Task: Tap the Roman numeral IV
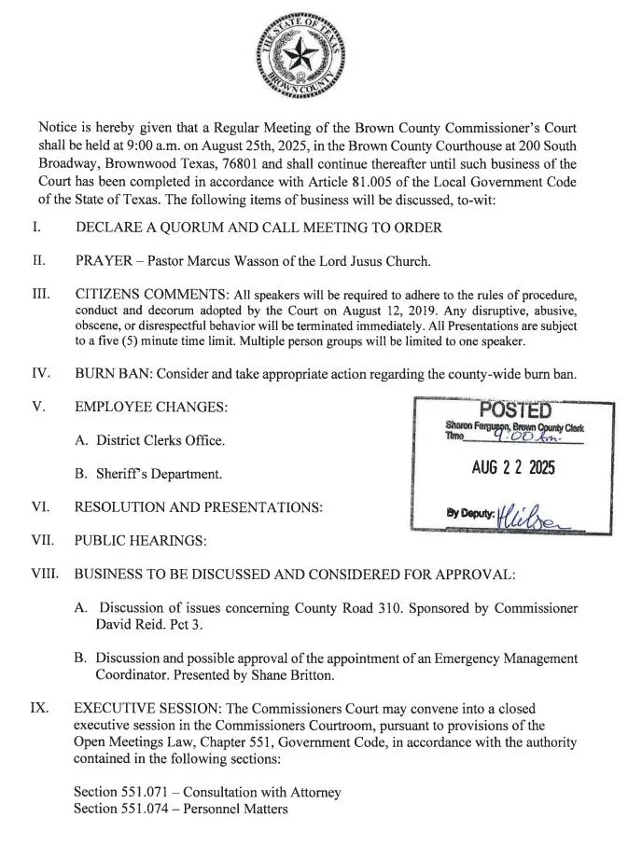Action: click(x=41, y=374)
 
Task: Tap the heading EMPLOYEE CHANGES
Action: click(x=151, y=408)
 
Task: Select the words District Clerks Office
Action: click(x=160, y=440)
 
